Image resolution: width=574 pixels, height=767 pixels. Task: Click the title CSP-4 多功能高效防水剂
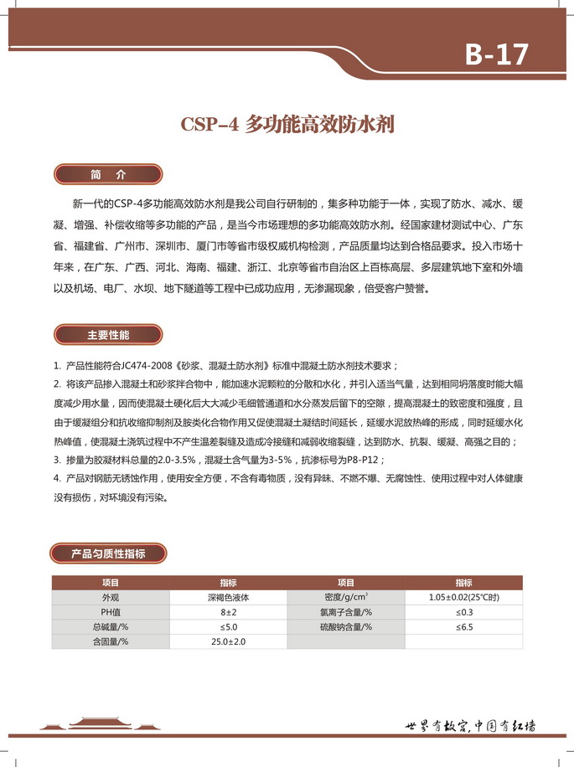(x=287, y=125)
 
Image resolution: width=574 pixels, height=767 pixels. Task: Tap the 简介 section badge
(x=108, y=175)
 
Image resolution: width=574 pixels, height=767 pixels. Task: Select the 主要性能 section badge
(x=108, y=335)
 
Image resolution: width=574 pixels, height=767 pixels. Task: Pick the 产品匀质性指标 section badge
(x=109, y=553)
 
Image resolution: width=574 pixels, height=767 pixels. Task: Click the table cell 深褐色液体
(x=229, y=598)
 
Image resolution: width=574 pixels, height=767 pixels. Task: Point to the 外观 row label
(x=111, y=598)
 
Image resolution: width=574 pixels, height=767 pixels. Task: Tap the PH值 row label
(x=111, y=612)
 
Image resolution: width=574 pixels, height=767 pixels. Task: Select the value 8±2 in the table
(x=229, y=612)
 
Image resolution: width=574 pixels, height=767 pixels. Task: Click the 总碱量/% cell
(x=111, y=626)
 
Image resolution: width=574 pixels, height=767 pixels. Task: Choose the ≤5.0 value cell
(x=229, y=626)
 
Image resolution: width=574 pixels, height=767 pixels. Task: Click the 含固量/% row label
(x=111, y=641)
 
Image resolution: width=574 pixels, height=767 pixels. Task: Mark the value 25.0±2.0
(x=229, y=641)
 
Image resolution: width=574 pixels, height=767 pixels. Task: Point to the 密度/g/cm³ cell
(x=346, y=598)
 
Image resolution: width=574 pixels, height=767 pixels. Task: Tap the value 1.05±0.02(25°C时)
(x=463, y=598)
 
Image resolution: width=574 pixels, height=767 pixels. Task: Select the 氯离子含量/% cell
(x=346, y=612)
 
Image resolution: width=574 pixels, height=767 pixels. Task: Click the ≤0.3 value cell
(x=463, y=612)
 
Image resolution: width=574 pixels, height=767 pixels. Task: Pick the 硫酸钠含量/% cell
(x=346, y=626)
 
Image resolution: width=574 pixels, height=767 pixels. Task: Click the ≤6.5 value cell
(x=463, y=626)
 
